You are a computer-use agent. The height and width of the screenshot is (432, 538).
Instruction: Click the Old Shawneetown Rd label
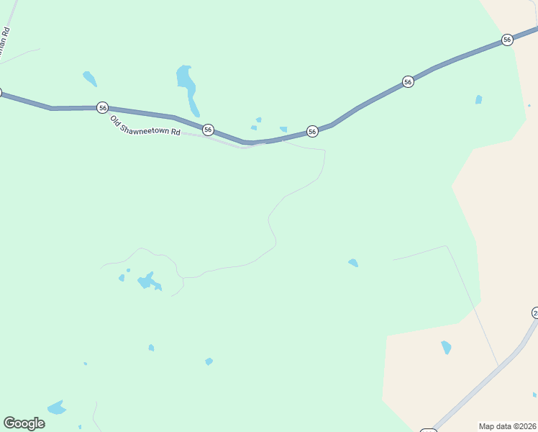145,127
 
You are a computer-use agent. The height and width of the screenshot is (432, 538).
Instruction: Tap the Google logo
24,423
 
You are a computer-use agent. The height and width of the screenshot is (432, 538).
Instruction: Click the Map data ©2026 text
508,426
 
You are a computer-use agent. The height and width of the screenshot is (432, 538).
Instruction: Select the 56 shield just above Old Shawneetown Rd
103,107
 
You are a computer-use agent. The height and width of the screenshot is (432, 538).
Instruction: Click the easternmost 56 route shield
507,40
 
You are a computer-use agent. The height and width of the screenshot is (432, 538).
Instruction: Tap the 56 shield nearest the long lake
208,130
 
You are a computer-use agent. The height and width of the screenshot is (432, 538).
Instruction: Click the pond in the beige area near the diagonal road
447,347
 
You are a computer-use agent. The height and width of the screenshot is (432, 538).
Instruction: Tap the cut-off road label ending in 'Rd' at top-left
5,42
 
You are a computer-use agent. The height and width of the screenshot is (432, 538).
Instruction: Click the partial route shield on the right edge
535,312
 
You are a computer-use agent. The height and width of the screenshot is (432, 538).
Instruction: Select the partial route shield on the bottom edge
429,430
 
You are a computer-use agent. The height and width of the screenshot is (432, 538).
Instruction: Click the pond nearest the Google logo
56,408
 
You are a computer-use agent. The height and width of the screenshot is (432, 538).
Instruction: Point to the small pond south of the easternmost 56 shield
478,99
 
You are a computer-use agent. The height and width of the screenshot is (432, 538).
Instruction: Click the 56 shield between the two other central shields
312,131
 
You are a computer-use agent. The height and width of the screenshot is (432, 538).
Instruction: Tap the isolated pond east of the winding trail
353,263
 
